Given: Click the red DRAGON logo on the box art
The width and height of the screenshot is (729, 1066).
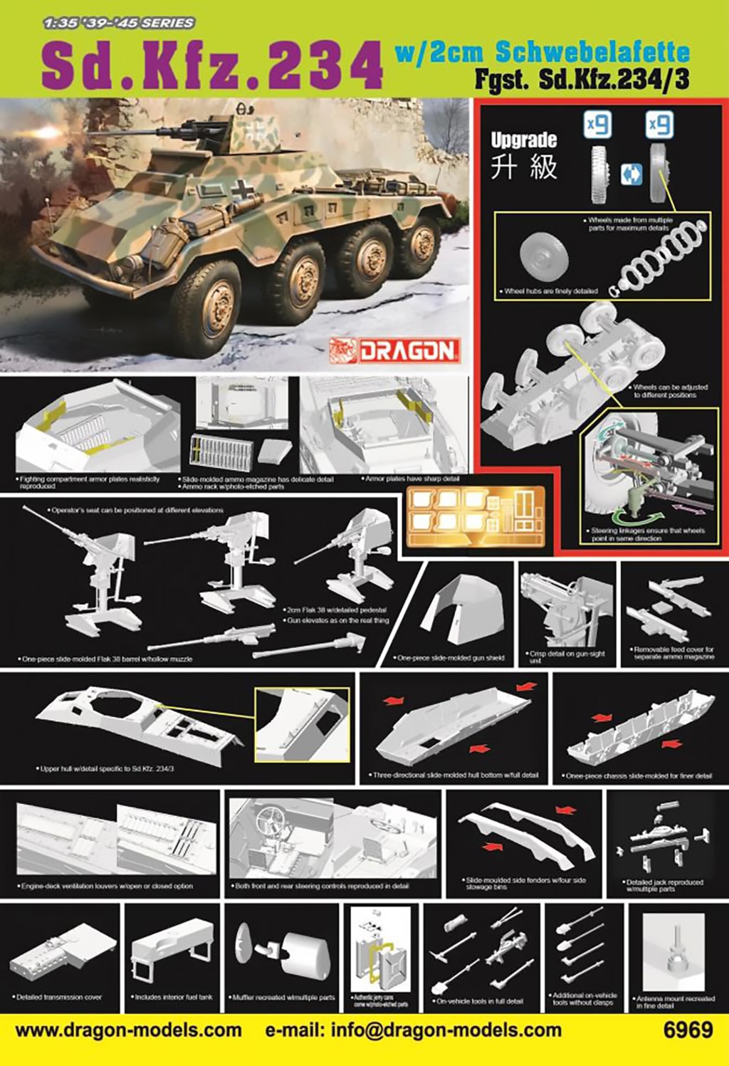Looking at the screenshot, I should coord(395,350).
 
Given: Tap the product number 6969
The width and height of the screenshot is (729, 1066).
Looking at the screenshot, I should coord(687,1030).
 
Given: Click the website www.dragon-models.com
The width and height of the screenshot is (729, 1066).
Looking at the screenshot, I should coord(128,1030).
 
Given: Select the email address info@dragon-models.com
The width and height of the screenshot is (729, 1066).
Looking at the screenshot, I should coord(413,1030).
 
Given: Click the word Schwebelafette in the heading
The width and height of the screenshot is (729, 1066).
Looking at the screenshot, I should coord(592,51).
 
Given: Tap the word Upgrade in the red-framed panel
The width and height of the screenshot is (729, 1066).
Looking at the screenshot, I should coord(523,140).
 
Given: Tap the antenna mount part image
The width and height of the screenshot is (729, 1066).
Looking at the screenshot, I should coord(673,954).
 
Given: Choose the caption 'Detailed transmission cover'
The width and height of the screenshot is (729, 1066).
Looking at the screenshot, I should coord(60,998).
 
